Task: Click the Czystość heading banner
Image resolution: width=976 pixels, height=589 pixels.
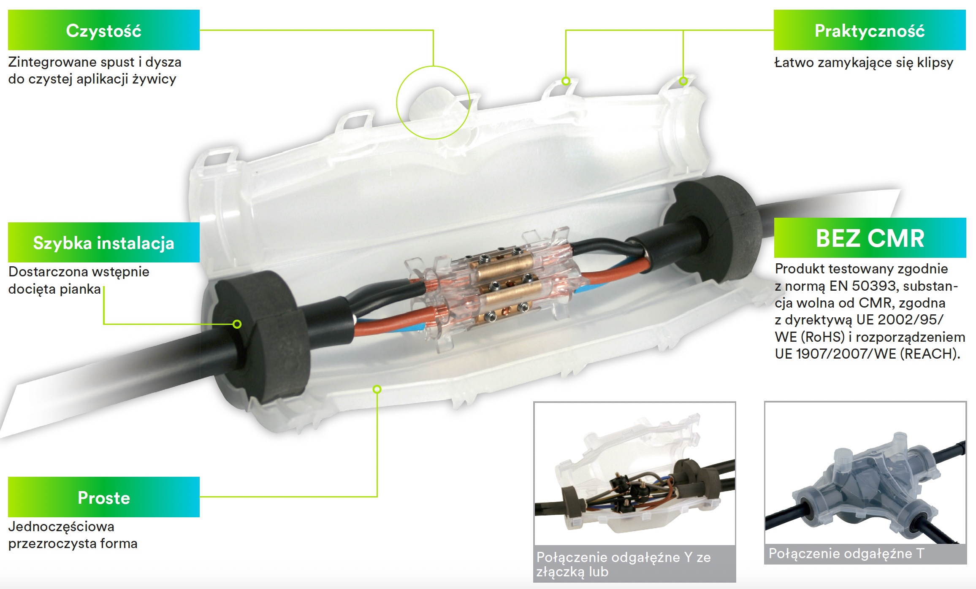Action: [104, 30]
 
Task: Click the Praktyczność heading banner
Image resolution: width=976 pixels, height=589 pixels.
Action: [870, 30]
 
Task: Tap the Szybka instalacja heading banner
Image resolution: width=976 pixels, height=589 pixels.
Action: [104, 242]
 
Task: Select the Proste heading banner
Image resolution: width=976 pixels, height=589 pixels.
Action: [104, 497]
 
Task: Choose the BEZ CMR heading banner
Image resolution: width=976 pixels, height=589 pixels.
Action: [870, 238]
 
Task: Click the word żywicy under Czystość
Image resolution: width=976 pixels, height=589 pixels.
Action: [154, 79]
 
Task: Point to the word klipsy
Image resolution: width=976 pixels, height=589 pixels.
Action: [935, 63]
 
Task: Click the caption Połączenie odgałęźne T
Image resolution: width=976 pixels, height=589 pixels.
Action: [846, 553]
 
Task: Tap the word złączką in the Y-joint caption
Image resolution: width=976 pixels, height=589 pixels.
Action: [561, 572]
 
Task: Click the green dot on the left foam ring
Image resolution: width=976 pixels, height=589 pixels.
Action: [237, 324]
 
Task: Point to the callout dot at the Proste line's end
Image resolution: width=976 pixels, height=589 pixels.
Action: [377, 389]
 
